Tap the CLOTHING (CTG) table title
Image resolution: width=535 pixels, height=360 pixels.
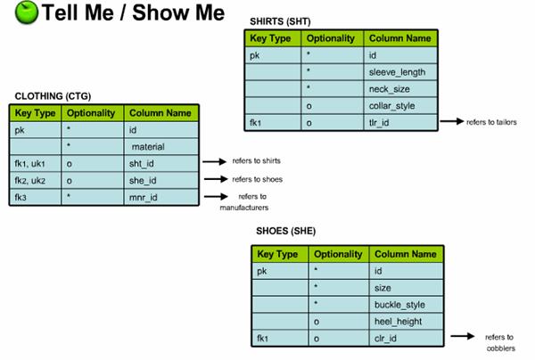coord(53,95)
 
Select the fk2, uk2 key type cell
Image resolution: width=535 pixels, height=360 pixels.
coord(34,179)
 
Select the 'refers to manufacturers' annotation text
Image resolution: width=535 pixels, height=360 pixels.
coord(245,201)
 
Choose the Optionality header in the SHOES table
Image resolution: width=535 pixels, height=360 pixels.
coord(337,254)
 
